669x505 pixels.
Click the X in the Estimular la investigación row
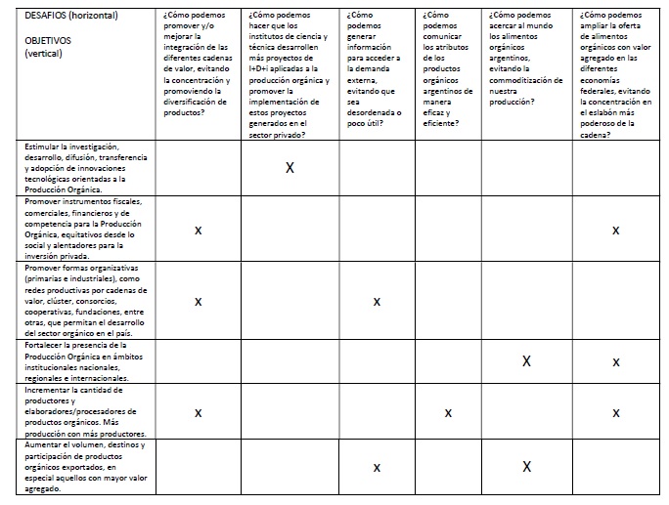(290, 168)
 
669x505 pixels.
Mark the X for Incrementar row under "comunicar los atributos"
(448, 413)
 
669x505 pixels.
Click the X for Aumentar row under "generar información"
(377, 468)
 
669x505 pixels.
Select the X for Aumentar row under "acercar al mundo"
(526, 467)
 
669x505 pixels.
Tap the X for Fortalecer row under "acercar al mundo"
(526, 361)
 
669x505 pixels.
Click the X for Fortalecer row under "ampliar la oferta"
(616, 362)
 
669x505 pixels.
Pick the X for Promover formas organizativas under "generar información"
(377, 302)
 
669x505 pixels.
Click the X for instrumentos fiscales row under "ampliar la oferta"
(616, 231)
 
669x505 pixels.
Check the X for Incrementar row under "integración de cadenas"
(198, 413)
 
